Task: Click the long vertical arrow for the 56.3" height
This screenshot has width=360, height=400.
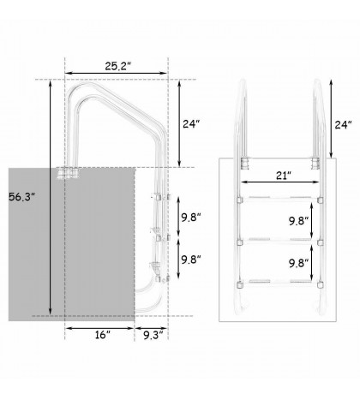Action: tap(51, 199)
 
